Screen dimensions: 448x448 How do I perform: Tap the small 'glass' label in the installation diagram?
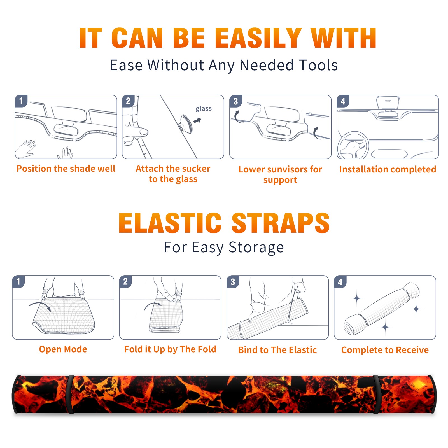tap(204, 108)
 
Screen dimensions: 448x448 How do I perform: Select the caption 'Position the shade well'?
tap(66, 169)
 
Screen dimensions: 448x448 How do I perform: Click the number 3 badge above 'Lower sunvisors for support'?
tap(235, 101)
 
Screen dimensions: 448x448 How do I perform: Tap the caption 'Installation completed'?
tap(388, 169)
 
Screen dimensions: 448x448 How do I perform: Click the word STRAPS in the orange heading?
tap(281, 223)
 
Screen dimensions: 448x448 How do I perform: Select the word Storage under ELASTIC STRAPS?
tap(256, 248)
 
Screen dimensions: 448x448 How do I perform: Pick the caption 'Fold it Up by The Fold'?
tap(170, 349)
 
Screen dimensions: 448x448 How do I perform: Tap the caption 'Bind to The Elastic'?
tap(277, 350)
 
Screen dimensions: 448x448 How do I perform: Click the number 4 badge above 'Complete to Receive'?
tap(340, 282)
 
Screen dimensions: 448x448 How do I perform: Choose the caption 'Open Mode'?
tap(63, 349)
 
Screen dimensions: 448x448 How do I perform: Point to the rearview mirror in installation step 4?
tap(388, 103)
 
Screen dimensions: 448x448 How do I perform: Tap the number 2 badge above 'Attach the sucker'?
tap(128, 101)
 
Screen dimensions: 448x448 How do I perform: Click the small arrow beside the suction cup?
tap(198, 121)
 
